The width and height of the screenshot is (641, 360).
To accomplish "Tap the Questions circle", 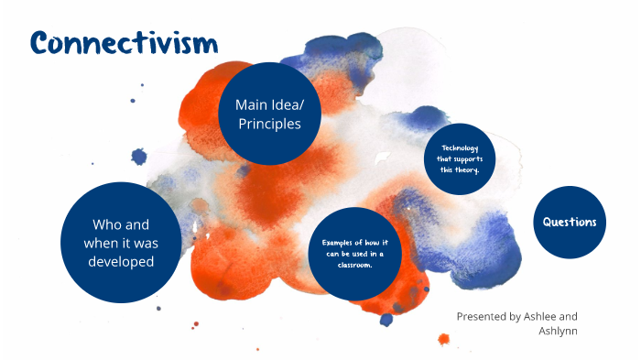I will tap(570, 222).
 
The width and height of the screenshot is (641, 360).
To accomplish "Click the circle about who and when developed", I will tap(120, 242).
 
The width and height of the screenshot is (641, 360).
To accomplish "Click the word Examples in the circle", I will tap(337, 242).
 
